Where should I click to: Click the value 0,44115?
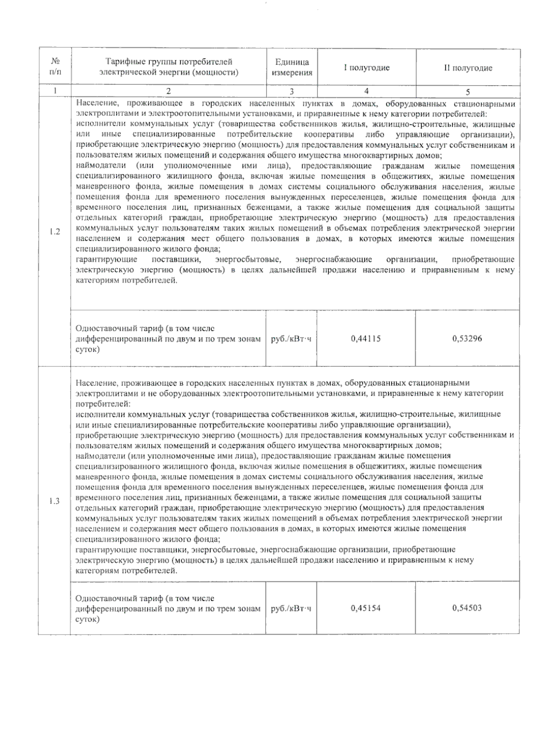(366, 338)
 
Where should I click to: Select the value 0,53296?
(467, 338)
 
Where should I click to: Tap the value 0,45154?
(366, 608)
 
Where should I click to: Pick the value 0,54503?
(467, 608)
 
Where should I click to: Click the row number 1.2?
(55, 232)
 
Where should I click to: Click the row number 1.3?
(55, 501)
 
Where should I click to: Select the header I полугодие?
(367, 68)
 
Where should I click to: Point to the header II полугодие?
(468, 68)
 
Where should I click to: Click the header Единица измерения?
(292, 68)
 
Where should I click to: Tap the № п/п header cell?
(55, 66)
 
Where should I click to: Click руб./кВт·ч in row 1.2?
(291, 339)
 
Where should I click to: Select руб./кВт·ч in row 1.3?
(291, 608)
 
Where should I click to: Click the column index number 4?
(367, 91)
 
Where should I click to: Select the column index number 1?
(55, 91)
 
